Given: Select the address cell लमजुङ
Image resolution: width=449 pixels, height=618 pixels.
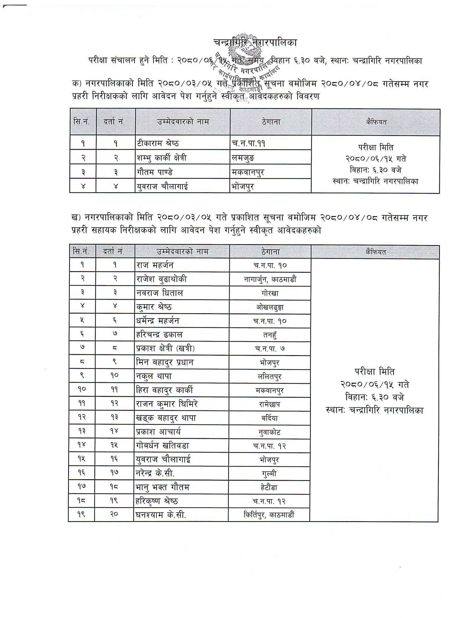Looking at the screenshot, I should click(243, 157).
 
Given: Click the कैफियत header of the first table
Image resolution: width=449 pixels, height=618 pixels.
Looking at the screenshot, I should click(376, 122).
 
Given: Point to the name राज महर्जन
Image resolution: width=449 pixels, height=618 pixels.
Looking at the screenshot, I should click(155, 265).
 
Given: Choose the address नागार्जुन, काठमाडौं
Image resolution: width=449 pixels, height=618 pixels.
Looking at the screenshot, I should click(270, 279).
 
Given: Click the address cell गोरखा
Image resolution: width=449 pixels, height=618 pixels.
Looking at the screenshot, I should click(270, 293).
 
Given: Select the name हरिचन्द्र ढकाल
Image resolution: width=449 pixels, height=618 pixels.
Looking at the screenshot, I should click(159, 335).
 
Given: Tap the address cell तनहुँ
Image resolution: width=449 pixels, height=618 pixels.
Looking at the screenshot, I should click(270, 335).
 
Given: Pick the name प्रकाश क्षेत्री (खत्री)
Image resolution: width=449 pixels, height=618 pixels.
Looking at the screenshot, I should click(165, 349).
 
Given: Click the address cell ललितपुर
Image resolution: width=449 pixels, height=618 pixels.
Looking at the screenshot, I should click(270, 377).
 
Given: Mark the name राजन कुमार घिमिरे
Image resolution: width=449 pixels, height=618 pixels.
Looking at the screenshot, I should click(167, 404).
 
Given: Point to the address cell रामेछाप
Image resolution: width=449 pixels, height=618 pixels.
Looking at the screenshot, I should click(270, 404).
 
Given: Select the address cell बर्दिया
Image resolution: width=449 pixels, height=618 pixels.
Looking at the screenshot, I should click(270, 418).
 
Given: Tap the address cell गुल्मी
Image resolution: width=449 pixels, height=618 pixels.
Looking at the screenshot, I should click(270, 474).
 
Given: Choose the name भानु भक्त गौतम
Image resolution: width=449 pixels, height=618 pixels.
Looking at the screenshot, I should click(162, 487).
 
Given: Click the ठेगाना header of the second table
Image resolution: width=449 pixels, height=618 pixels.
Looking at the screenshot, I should click(271, 252).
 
